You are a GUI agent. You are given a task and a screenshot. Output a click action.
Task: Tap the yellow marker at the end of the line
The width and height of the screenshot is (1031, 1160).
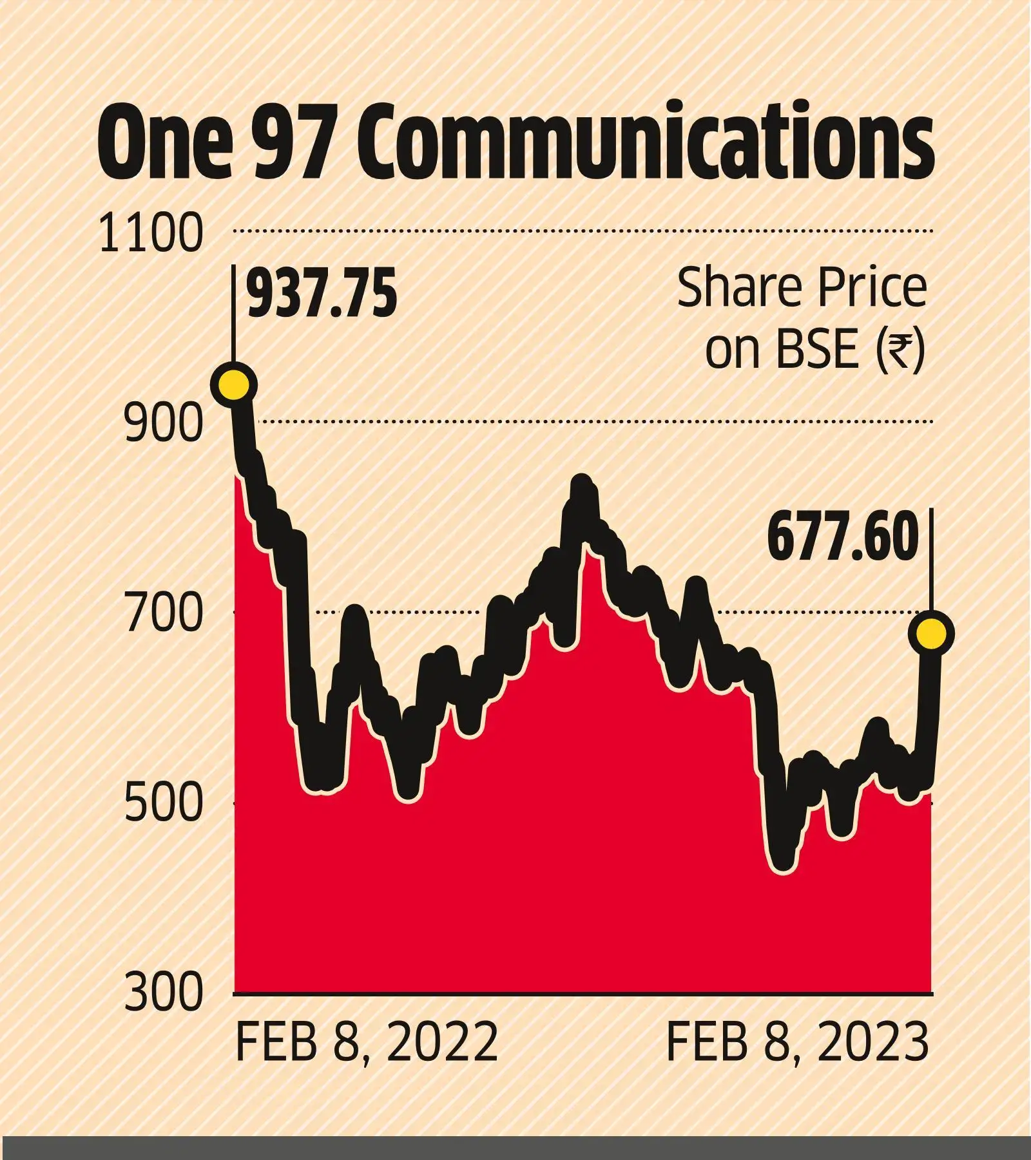[x=931, y=634]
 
